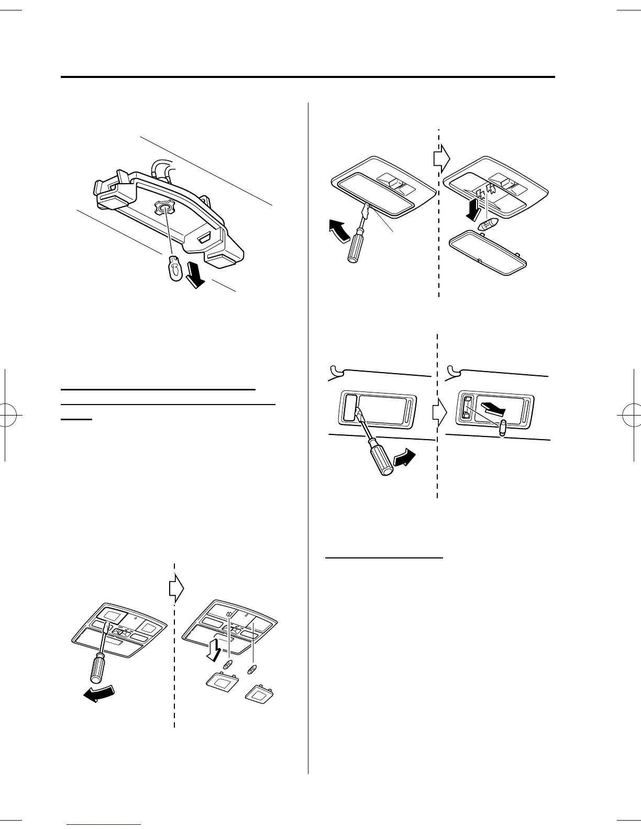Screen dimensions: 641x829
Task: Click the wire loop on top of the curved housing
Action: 160,168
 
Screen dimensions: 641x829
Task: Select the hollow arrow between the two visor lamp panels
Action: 439,413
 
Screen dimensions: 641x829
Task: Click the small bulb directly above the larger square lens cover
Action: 228,665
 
